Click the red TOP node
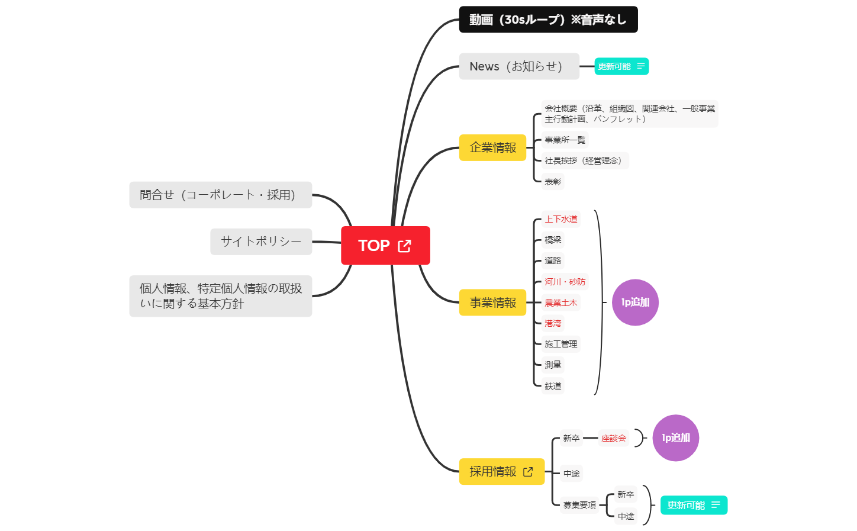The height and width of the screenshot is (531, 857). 374,246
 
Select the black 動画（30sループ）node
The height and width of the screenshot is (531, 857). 548,20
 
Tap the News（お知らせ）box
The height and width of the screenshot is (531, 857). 518,66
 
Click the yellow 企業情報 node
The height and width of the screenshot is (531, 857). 492,147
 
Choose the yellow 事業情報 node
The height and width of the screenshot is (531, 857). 492,302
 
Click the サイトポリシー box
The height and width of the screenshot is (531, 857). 261,242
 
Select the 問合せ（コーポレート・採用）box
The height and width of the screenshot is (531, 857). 220,195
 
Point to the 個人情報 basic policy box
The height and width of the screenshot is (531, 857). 220,296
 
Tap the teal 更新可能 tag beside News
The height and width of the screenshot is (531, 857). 621,66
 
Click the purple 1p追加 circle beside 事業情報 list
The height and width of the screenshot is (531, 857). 635,302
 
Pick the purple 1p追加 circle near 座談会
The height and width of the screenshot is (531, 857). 675,438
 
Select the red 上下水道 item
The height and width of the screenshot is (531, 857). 560,219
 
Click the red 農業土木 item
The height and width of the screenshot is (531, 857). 560,302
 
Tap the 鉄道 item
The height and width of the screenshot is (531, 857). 553,386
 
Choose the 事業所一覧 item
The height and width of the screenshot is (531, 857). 565,140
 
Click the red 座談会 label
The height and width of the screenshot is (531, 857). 613,438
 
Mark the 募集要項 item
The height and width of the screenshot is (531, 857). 579,505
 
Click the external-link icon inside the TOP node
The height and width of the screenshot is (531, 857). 405,246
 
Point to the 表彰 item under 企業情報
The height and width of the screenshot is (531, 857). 553,182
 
